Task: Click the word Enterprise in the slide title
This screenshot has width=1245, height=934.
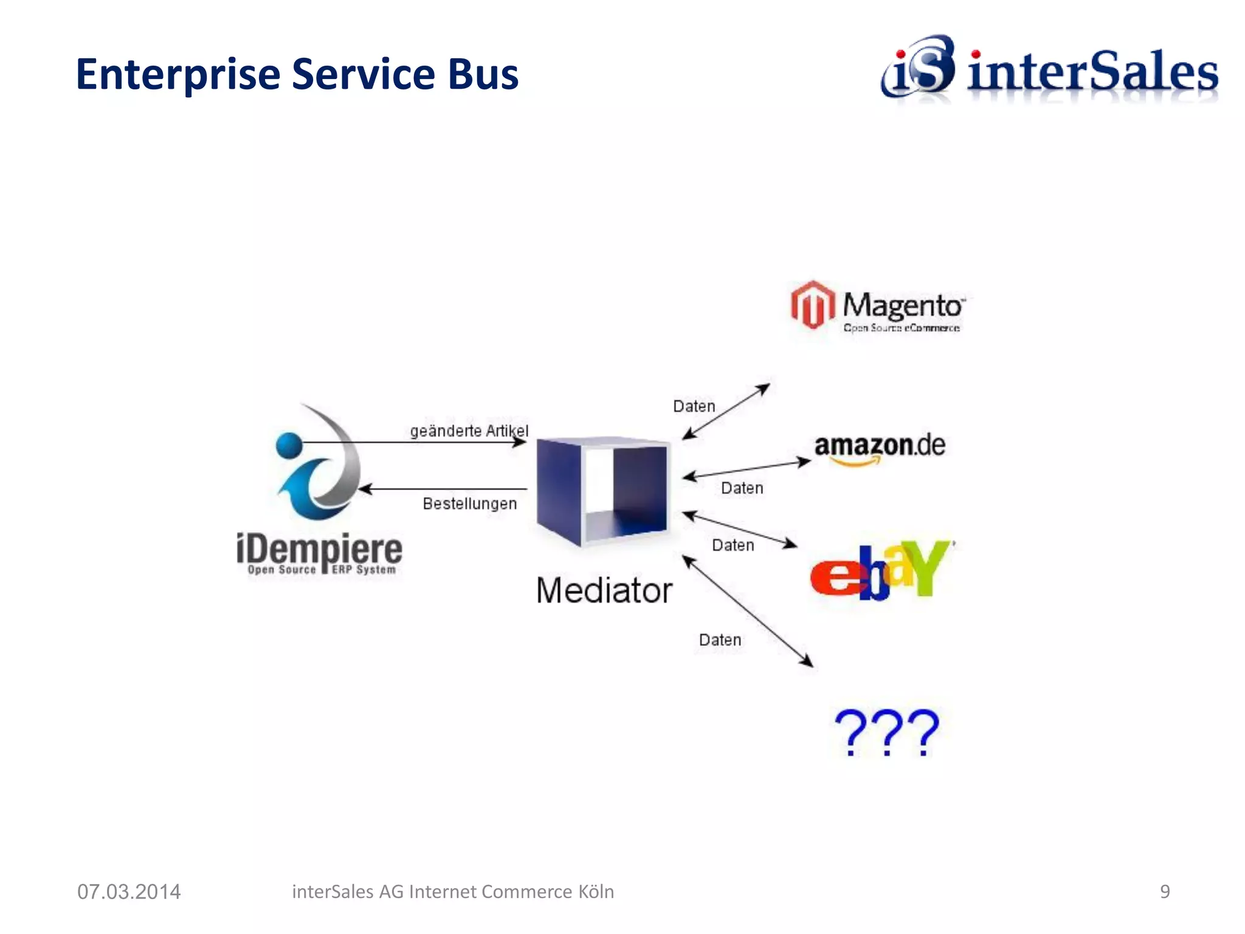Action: tap(178, 75)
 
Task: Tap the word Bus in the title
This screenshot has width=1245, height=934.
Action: tap(483, 74)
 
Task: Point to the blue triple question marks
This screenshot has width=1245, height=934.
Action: tap(886, 732)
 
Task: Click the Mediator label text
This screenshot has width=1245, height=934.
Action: tap(604, 590)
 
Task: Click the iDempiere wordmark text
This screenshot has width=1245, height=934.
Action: tap(319, 550)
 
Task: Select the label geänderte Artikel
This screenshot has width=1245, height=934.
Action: tap(469, 431)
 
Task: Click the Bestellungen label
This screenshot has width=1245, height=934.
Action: tap(469, 503)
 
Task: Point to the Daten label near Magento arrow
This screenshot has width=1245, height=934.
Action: tap(694, 406)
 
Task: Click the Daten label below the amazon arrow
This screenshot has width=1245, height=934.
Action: tap(742, 488)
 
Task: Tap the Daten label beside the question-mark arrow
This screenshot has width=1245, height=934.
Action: tap(720, 640)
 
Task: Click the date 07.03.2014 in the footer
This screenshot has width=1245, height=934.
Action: tap(129, 891)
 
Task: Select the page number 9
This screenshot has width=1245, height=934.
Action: tap(1164, 891)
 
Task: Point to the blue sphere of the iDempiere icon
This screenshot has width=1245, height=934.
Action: tap(289, 445)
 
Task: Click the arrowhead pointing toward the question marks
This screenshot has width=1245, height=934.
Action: tap(807, 662)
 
